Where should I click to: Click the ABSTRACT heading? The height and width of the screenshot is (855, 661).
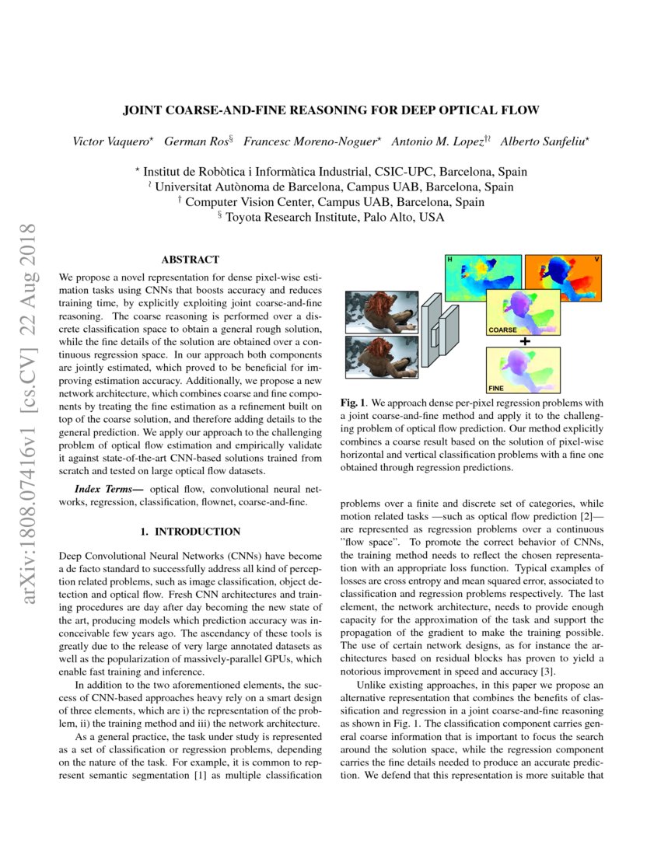pyautogui.click(x=190, y=260)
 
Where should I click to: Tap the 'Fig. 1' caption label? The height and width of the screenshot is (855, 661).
pyautogui.click(x=354, y=403)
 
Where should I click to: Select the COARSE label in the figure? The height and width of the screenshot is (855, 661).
pyautogui.click(x=503, y=330)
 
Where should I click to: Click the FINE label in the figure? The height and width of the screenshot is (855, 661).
pyautogui.click(x=498, y=386)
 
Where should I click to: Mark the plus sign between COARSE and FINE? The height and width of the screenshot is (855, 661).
pyautogui.click(x=525, y=341)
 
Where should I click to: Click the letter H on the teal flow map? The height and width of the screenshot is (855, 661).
pyautogui.click(x=449, y=259)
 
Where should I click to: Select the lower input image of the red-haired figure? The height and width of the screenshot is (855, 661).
pyautogui.click(x=381, y=358)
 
